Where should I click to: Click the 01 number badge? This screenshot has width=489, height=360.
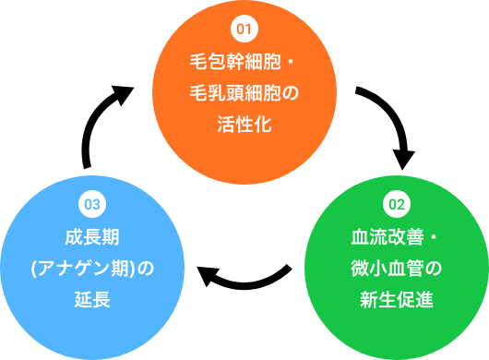point(244,30)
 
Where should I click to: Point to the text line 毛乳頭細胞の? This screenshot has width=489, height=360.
point(244,93)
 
